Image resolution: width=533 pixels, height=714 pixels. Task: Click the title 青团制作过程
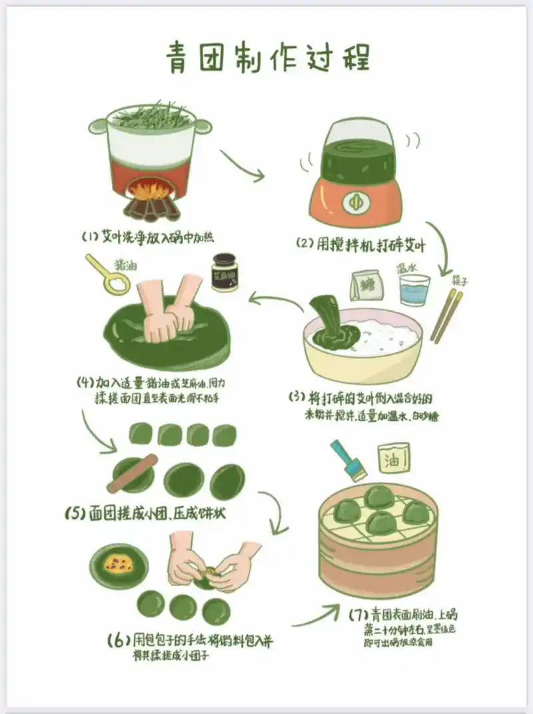[266, 59]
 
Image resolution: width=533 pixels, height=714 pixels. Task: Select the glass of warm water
[414, 290]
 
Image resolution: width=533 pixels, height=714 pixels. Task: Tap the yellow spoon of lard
[111, 276]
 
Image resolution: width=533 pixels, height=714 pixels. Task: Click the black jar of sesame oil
[225, 272]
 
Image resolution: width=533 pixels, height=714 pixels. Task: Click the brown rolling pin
[133, 473]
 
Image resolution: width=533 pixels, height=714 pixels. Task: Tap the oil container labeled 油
[394, 458]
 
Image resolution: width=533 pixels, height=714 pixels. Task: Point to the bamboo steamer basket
[377, 539]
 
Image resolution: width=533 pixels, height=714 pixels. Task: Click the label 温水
[408, 267]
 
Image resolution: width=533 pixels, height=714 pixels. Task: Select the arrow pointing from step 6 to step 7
[317, 616]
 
